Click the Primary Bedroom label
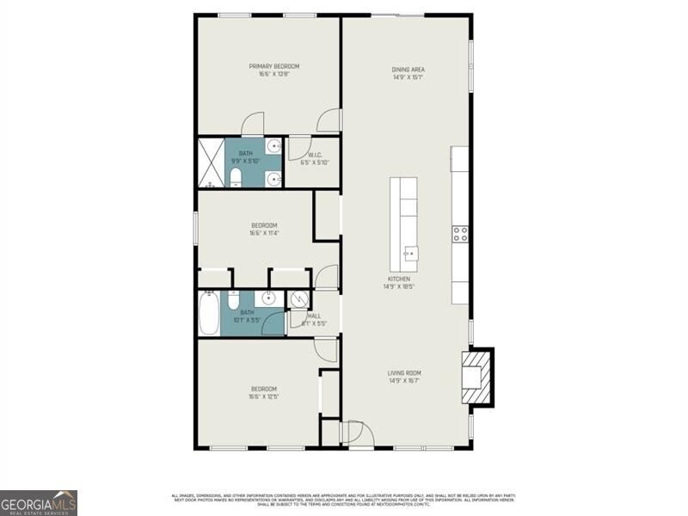pos(274,66)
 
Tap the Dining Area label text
pos(408,70)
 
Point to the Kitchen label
pos(398,279)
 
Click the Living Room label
pos(404,372)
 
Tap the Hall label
pos(314,316)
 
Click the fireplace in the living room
pos(477,375)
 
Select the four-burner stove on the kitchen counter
pos(461,233)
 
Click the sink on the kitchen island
pos(411,253)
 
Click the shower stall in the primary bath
pos(212,163)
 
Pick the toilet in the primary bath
pos(236,177)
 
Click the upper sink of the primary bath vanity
pos(272,145)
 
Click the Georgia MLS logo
pos(39,501)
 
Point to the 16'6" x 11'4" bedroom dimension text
pos(263,233)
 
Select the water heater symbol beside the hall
pos(298,298)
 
